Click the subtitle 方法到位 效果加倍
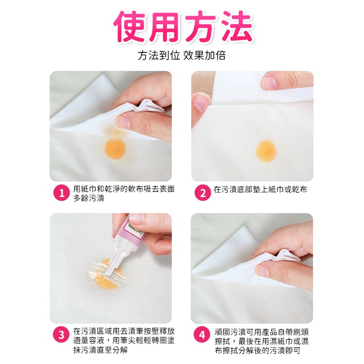182,55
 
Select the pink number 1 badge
61,193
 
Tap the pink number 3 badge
61,335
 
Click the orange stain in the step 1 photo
115,147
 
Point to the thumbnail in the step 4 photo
265,270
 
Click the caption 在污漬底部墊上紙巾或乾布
260,189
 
